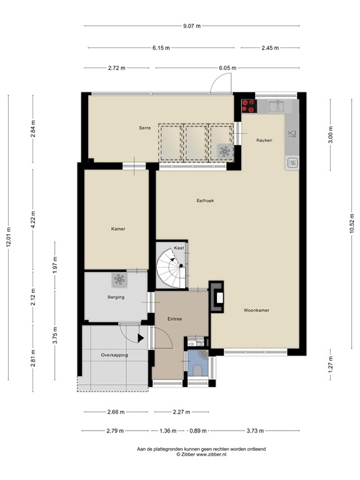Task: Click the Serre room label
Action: (145, 127)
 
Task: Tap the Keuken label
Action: (264, 140)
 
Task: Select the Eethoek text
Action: (205, 201)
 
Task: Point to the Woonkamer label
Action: (256, 310)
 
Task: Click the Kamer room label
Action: (118, 229)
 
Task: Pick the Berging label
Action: (116, 297)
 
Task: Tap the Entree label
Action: (175, 319)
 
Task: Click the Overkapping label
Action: (114, 355)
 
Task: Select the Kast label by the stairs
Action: (179, 247)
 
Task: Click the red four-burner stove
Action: (249, 106)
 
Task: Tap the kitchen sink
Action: (276, 106)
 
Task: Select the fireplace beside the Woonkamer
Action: (216, 297)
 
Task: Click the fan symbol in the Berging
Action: (119, 279)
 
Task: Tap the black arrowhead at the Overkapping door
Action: (141, 338)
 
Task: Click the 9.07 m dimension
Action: (192, 26)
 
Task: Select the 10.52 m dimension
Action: (352, 224)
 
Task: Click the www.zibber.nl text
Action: (211, 454)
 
